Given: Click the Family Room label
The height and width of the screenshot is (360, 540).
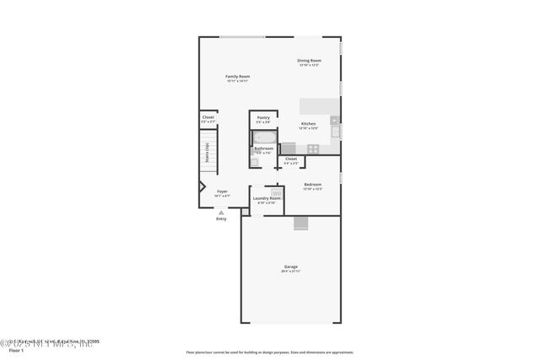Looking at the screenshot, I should point(237,77).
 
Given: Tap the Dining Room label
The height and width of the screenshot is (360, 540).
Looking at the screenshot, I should point(309,61).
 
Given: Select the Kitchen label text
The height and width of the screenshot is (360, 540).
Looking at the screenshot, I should point(309,124).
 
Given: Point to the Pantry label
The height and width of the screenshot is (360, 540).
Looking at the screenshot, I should point(263,118).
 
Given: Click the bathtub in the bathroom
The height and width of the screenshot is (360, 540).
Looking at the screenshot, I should point(264,137).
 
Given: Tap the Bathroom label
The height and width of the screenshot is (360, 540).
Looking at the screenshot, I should point(263,149).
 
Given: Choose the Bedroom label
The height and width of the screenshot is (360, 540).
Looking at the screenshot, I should point(312,185).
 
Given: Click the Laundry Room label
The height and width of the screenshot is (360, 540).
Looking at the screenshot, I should point(267,198).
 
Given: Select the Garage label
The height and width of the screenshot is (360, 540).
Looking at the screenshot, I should point(289,267).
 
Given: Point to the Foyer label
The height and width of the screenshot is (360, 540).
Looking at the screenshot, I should point(222,191).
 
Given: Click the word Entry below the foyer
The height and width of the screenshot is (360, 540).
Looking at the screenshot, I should point(221,219).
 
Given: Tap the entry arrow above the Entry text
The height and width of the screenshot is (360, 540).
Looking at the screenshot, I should point(221,211).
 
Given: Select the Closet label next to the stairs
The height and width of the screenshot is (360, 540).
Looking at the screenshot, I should point(208,118).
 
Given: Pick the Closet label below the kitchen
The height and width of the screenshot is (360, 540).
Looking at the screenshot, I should point(291,159).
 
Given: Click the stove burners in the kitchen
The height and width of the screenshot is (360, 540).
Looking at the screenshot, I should point(313,148).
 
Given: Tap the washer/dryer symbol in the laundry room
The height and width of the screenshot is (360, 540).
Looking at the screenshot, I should point(276,192).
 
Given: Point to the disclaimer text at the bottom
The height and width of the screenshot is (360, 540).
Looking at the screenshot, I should point(269,352).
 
